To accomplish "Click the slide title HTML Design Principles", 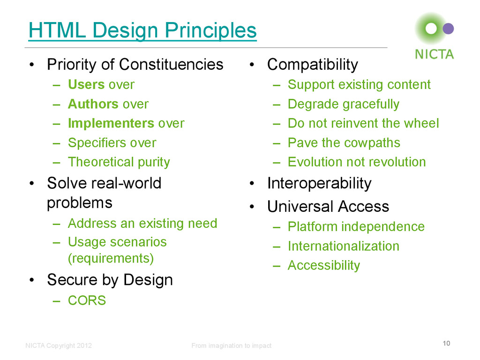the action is [142, 31].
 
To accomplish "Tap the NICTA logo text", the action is [434, 54].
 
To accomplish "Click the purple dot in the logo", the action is [448, 29].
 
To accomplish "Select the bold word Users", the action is [86, 85].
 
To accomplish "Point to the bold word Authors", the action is [93, 104].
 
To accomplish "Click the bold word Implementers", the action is [111, 123].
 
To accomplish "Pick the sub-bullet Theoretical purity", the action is [119, 162].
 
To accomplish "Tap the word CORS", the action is [87, 300].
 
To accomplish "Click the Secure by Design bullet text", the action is [110, 280].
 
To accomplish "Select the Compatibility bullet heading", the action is [312, 65].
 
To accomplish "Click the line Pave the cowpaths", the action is [344, 142].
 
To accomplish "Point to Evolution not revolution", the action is [357, 162].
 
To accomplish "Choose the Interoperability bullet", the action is [319, 183].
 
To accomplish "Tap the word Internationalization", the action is [343, 246].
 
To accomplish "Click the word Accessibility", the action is [323, 265].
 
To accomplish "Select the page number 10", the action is [446, 344].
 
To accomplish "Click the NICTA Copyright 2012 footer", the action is [59, 346].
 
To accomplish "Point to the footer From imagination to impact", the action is [231, 346].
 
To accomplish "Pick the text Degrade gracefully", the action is [343, 104].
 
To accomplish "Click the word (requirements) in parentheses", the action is [111, 258].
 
